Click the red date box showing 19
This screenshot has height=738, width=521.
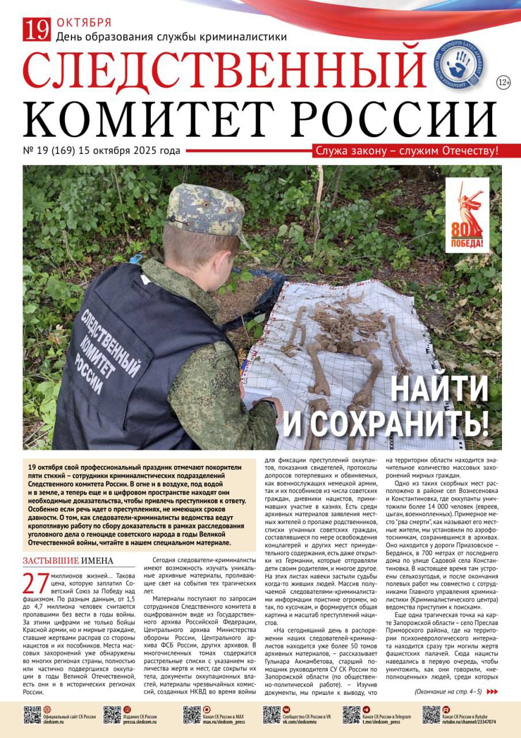37,29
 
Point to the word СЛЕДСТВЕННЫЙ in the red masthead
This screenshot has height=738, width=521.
225,73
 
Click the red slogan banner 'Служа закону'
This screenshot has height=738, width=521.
406,151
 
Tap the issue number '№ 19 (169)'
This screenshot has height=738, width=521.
58,151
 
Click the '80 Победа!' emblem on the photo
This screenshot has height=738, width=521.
466,216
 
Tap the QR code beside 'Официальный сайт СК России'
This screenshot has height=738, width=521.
32,714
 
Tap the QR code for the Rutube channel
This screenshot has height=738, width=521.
431,714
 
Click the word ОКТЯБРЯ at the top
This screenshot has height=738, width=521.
84,23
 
